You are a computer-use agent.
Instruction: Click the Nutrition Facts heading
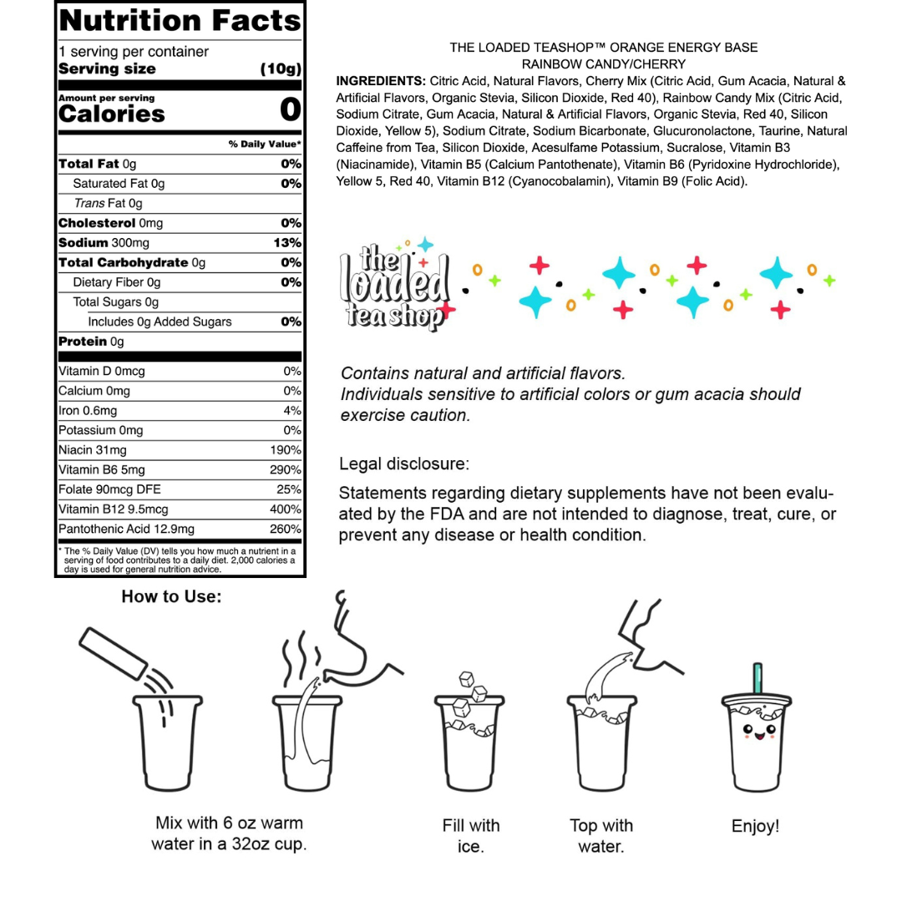click(180, 20)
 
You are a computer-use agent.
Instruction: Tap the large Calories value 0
click(290, 109)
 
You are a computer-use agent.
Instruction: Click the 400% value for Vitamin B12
click(286, 509)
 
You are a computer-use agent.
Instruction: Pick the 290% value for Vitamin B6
click(286, 469)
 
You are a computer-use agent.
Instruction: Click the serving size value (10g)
click(281, 68)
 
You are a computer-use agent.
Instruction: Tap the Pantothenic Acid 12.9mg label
click(126, 529)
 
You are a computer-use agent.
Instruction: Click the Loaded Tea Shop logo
click(395, 286)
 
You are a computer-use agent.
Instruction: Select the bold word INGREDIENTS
click(380, 81)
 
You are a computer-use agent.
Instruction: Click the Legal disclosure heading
click(404, 463)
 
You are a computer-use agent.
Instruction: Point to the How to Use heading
click(171, 596)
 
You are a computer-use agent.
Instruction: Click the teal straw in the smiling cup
click(758, 681)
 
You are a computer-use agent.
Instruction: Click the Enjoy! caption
click(755, 826)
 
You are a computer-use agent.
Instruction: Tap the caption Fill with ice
click(471, 836)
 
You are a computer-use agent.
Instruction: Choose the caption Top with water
click(601, 836)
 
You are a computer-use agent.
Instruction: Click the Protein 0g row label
click(90, 342)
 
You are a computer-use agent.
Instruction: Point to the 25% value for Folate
click(289, 489)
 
